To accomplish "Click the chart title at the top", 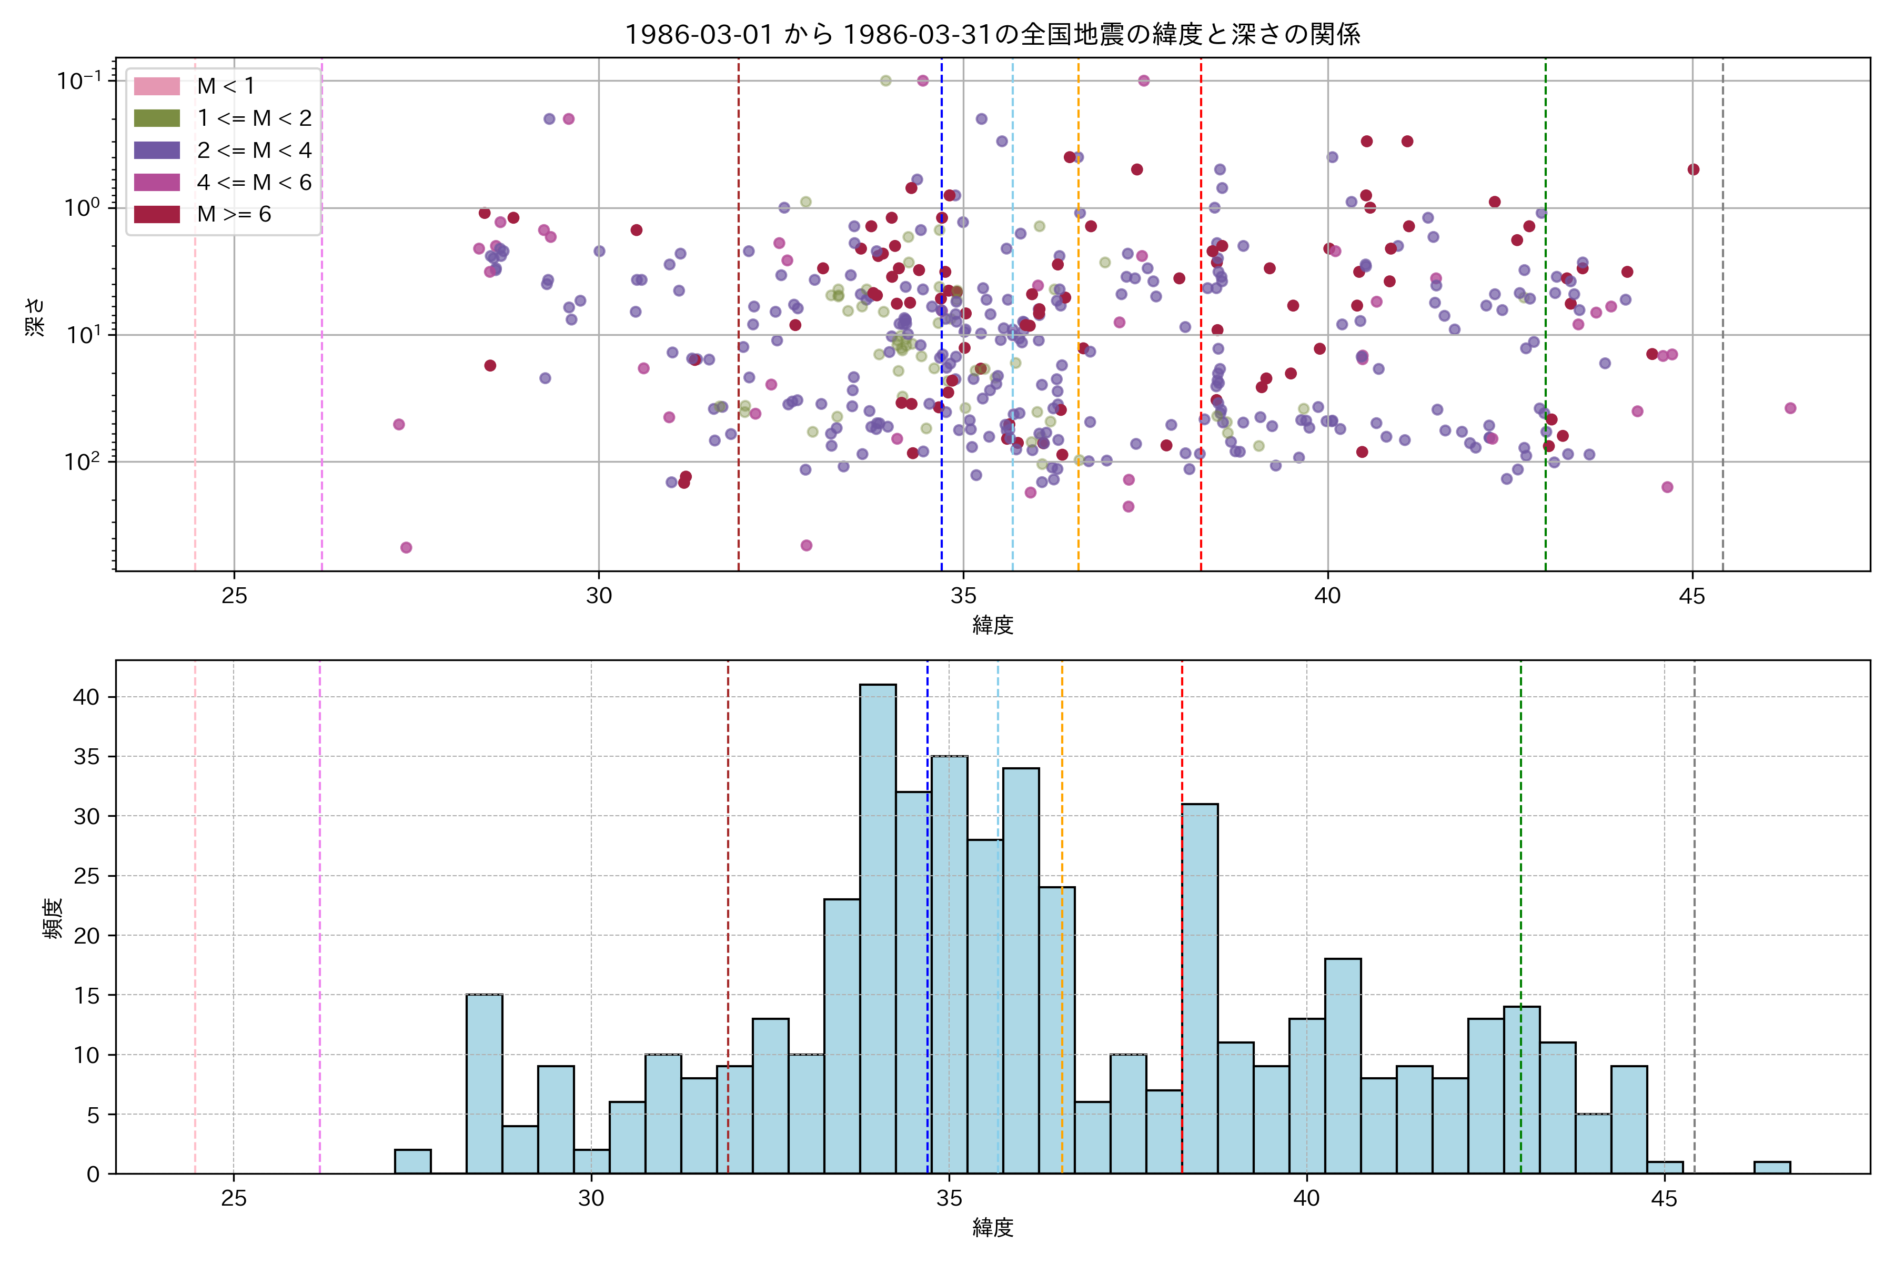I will point(992,34).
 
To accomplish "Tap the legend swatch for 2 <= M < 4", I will point(157,151).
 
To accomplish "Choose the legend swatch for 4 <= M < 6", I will point(157,182).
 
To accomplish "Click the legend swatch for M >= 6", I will point(157,214).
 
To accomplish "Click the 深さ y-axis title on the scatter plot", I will point(35,317).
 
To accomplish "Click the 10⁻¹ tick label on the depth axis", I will point(79,81).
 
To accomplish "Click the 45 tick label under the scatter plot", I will point(1692,597).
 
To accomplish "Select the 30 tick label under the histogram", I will point(591,1199).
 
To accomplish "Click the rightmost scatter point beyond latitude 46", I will point(1790,408).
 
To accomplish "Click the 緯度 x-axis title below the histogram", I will point(992,1228).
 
